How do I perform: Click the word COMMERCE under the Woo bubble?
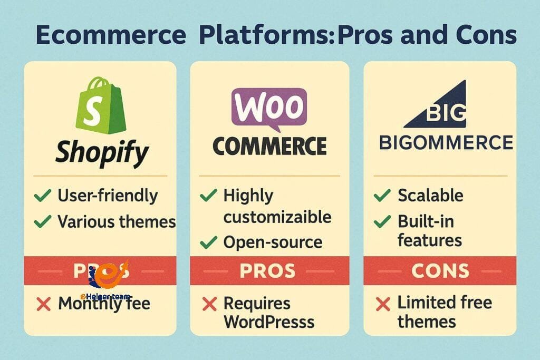point(269,146)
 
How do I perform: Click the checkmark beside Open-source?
point(209,242)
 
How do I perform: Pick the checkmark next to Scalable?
point(381,196)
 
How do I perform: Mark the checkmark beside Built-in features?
point(381,222)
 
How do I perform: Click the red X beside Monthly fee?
point(44,304)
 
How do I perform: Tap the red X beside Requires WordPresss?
point(209,304)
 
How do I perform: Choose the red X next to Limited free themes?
point(382,304)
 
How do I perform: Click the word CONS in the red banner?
point(440,271)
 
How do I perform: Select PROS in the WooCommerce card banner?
point(267,271)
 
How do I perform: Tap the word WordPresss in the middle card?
point(269,322)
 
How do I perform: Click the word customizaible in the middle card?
point(277,217)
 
